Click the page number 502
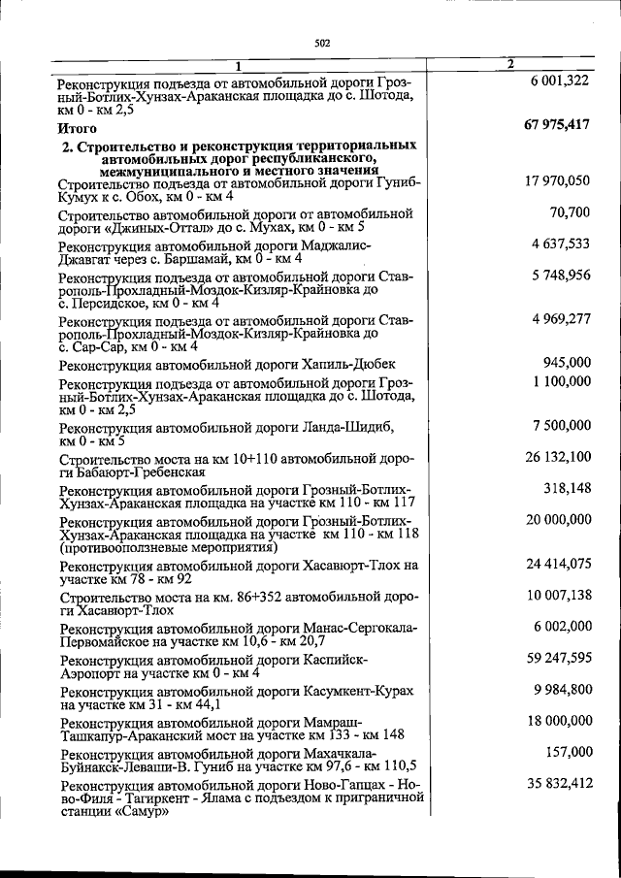click(x=323, y=43)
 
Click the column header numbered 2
click(x=509, y=64)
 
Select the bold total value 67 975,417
click(x=556, y=124)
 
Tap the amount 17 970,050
click(x=557, y=180)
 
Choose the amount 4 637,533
click(x=561, y=244)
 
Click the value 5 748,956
click(x=561, y=275)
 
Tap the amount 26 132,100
click(x=557, y=456)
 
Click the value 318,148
click(x=567, y=487)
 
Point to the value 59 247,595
click(x=557, y=658)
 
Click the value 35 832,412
click(x=557, y=783)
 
